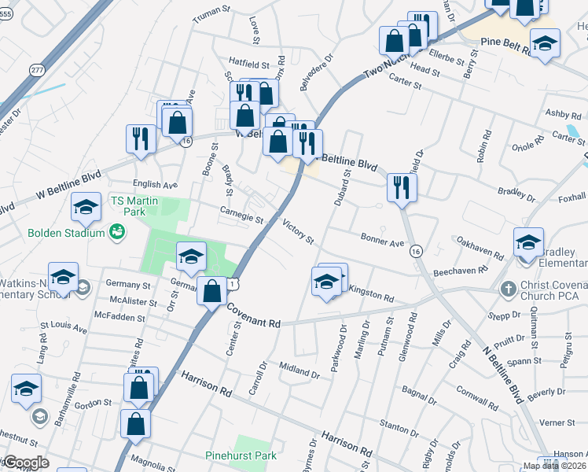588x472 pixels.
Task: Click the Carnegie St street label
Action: pos(241,213)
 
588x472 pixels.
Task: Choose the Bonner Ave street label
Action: pos(381,238)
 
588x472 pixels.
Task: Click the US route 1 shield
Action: pos(233,284)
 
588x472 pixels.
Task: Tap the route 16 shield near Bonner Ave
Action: pos(416,251)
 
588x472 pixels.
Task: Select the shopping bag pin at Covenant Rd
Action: pos(211,290)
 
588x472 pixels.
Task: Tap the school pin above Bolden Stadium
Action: pos(86,206)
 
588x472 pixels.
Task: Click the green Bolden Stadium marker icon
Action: pos(116,232)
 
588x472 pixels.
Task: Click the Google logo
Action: pos(28,463)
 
